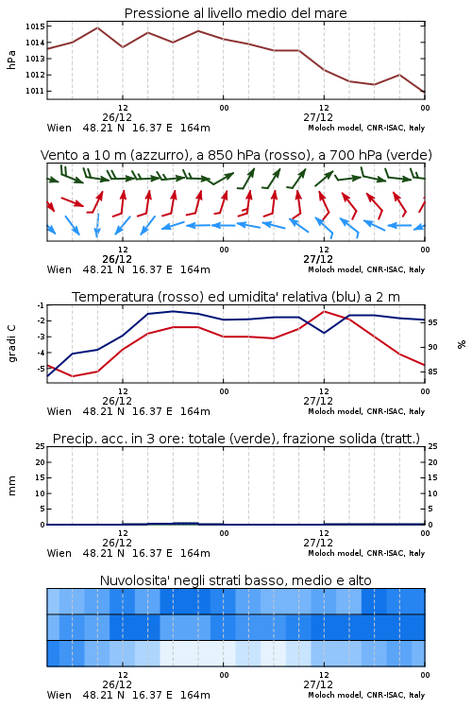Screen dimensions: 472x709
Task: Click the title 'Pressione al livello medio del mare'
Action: [235, 13]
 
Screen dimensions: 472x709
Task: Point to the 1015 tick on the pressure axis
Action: [35, 26]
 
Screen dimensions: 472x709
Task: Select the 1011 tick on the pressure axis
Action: [35, 91]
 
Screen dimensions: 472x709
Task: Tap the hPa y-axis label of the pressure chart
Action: [11, 60]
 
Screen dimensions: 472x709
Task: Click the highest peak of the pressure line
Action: [97, 27]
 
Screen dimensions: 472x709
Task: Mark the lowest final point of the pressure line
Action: [425, 93]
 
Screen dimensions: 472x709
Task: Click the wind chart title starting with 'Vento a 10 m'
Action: [236, 155]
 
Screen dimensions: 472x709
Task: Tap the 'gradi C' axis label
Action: [12, 343]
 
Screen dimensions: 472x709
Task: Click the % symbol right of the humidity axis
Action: [462, 344]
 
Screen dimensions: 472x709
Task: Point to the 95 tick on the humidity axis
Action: [432, 322]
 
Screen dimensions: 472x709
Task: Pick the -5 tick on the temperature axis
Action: [41, 369]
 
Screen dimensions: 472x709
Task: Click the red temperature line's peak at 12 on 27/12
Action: [324, 311]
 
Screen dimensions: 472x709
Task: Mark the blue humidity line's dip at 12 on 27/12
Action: [324, 333]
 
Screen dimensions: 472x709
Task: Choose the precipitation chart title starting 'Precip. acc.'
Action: [236, 439]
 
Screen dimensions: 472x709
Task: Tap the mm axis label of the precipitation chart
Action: [12, 486]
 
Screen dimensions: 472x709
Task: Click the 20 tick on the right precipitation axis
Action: [432, 462]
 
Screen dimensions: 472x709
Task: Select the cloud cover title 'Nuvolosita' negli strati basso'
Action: [235, 580]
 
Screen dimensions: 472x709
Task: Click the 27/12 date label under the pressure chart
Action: [318, 117]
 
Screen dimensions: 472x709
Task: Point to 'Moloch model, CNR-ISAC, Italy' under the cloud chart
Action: [366, 695]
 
